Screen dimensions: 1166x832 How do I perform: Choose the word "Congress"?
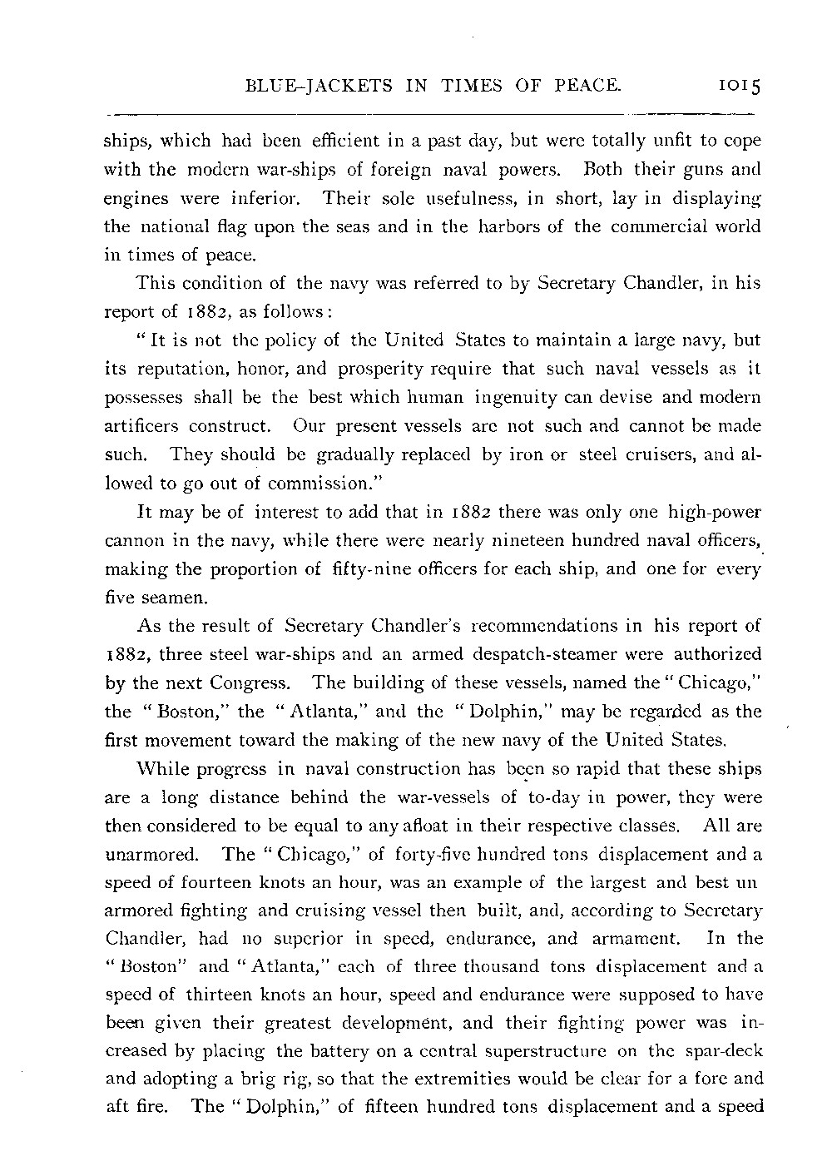click(x=250, y=683)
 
